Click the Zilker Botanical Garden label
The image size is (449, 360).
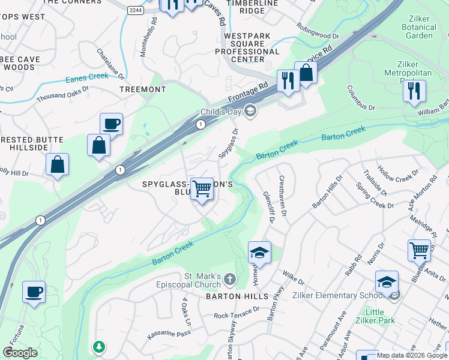pos(418,27)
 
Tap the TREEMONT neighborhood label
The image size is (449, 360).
pos(143,89)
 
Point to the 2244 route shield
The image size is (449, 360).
pos(136,11)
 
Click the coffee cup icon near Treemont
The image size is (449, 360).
pos(111,124)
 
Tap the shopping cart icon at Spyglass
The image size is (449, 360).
pos(202,189)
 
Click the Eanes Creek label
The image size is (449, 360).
pos(87,77)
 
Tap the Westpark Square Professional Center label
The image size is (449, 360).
pos(252,47)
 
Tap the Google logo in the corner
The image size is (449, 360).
pos(20,353)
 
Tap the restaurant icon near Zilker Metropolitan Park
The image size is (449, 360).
pos(414,91)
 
